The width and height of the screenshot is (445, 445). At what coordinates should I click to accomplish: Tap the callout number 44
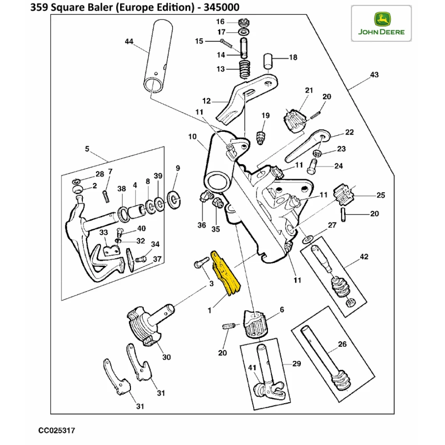coord(129,41)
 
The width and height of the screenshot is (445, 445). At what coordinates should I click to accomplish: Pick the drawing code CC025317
coord(56,431)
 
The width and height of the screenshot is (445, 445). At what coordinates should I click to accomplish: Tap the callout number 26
coord(342,344)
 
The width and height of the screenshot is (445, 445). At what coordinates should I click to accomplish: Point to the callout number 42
coord(364,257)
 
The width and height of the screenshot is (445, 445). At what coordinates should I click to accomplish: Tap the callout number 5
coord(87,148)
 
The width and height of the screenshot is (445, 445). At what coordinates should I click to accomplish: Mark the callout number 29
coord(296,364)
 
